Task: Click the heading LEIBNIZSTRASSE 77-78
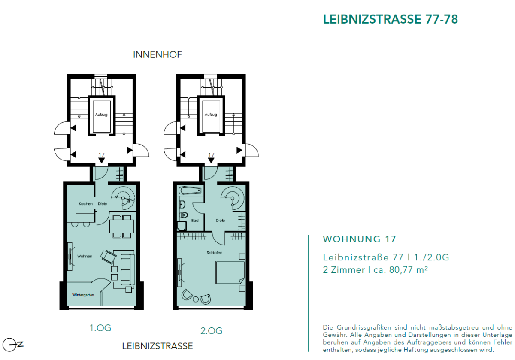[390, 19]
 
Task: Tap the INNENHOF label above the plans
[158, 55]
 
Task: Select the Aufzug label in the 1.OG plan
[101, 115]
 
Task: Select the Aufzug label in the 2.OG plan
[211, 115]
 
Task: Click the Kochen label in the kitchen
[85, 203]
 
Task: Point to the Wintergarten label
[83, 296]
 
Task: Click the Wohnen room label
[85, 256]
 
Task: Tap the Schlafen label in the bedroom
[214, 253]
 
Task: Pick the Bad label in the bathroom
[194, 220]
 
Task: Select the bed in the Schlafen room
[230, 273]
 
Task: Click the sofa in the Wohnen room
[127, 269]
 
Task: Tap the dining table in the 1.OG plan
[121, 225]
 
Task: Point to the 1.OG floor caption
[100, 328]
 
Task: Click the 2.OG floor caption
[211, 331]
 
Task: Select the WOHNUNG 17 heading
[359, 239]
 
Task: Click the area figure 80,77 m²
[409, 270]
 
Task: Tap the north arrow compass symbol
[12, 345]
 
